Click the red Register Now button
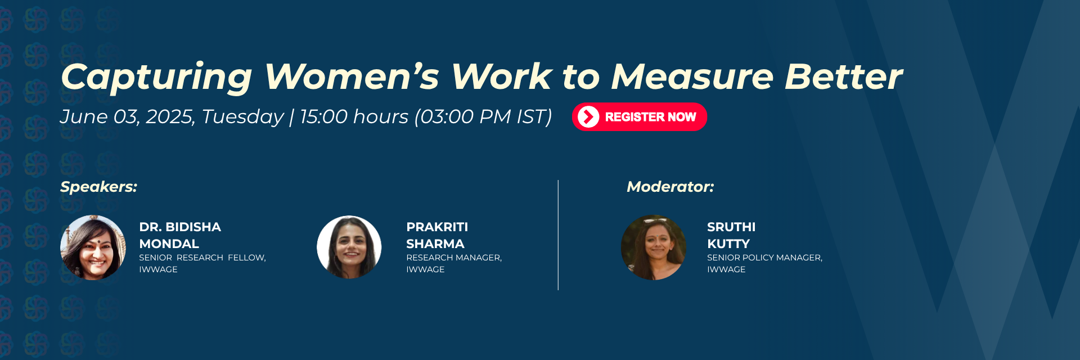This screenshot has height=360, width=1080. coord(640,117)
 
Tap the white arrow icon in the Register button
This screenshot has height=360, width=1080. coord(588,117)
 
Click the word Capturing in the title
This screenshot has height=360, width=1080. coord(156,77)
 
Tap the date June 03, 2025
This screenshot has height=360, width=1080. coord(128,117)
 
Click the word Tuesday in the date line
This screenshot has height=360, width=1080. coord(242,117)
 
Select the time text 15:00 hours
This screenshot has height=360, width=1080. coord(354,117)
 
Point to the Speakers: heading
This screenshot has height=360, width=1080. coord(98,187)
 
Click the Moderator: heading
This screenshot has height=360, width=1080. coord(670,187)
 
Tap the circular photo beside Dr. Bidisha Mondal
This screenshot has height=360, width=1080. coord(93,247)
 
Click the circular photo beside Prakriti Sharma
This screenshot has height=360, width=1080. coord(349,247)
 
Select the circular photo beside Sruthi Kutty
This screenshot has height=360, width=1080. coord(654,247)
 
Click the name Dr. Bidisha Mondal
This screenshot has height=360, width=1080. coord(180,235)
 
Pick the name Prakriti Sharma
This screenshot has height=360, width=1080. coord(437,235)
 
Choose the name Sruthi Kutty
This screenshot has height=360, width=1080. coord(731,235)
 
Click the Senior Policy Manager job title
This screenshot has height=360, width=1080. coord(764,258)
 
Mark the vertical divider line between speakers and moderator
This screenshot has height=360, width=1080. coord(558,235)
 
